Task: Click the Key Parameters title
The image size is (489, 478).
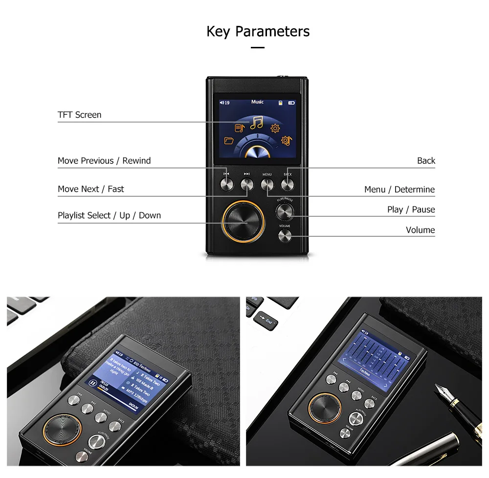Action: click(x=258, y=32)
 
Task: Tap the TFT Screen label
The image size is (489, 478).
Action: click(x=79, y=115)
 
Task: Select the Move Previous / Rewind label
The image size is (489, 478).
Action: click(x=104, y=161)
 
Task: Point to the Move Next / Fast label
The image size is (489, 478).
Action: click(x=90, y=189)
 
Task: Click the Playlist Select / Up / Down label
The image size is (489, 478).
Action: click(x=109, y=215)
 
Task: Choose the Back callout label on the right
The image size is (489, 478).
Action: click(x=425, y=161)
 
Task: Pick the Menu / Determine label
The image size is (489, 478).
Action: click(x=399, y=189)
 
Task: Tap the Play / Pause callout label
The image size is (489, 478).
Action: click(x=411, y=209)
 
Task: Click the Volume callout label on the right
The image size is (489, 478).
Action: click(x=420, y=230)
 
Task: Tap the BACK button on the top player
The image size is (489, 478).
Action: click(x=288, y=184)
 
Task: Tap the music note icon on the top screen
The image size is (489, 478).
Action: click(x=257, y=122)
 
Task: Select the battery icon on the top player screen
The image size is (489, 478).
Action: click(x=291, y=103)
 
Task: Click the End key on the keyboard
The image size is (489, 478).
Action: click(x=267, y=321)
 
